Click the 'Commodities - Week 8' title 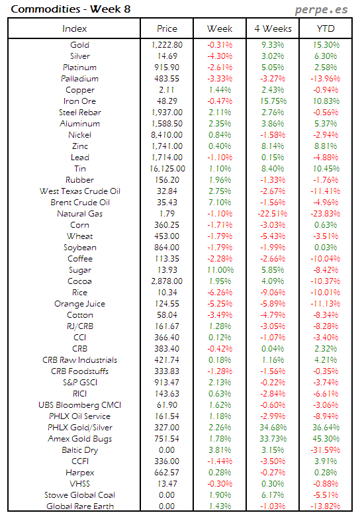coord(55,9)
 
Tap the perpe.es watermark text coord(321,10)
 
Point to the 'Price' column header coord(167,28)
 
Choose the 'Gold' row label coord(79,45)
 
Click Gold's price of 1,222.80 coord(167,45)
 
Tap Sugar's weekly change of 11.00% coord(220,270)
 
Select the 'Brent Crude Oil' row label coord(79,203)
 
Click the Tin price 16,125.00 coord(167,169)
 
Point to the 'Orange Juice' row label coord(79,304)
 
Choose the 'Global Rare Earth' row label coord(79,506)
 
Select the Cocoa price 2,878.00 coord(167,281)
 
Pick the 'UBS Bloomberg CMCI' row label coord(79,405)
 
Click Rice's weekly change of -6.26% coord(220,293)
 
